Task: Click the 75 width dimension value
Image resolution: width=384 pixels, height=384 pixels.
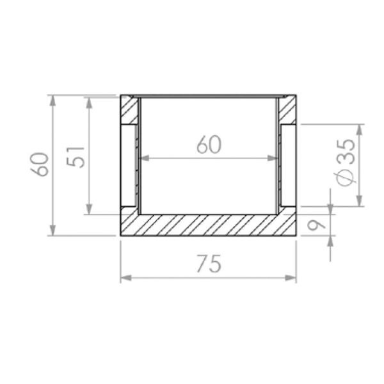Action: (x=209, y=263)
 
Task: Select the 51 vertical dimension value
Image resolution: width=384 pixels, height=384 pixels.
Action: (x=76, y=156)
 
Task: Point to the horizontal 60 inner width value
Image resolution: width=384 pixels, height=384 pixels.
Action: (x=209, y=145)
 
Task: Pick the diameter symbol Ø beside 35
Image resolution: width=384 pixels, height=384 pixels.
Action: (x=346, y=177)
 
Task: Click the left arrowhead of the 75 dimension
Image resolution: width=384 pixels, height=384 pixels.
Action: (x=125, y=278)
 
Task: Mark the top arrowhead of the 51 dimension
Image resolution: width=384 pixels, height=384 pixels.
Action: (x=88, y=101)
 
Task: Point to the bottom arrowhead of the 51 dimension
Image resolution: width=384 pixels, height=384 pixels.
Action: (x=88, y=210)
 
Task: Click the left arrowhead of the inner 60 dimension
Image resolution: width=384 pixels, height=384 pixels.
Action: (x=143, y=157)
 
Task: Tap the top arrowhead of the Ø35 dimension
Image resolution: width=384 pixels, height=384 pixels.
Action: (x=359, y=129)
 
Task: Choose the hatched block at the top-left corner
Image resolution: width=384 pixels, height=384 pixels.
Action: (x=129, y=110)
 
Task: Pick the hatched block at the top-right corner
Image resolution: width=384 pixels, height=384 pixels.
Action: (x=287, y=110)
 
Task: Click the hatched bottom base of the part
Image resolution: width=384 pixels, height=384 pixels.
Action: (x=209, y=225)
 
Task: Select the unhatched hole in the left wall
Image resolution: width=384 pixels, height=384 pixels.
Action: (x=129, y=166)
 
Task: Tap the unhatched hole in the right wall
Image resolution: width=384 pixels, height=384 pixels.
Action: (x=288, y=166)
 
